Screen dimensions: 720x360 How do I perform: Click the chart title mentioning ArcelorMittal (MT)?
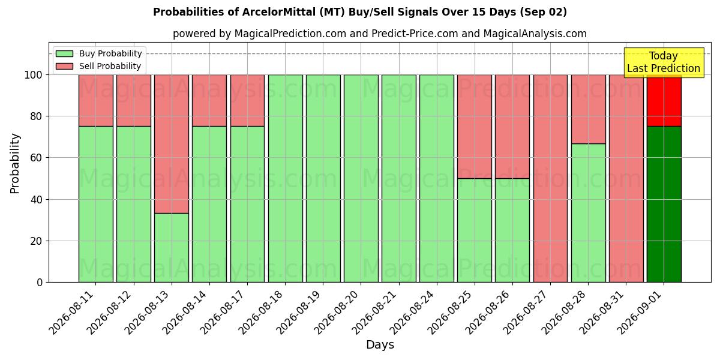[x=359, y=12]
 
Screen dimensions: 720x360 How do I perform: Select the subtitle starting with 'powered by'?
[x=380, y=34]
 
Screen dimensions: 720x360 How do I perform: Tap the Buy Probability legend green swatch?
[x=64, y=53]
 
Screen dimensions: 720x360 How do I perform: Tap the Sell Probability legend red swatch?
[x=64, y=66]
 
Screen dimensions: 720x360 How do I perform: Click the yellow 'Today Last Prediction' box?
[x=664, y=62]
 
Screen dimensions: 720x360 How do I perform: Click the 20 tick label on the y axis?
[x=36, y=241]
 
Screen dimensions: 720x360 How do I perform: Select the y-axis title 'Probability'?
[x=14, y=163]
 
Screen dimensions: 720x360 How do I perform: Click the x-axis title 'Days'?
[x=380, y=344]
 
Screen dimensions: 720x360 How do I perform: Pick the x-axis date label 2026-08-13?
[x=148, y=313]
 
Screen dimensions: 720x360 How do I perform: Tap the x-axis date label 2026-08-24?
[x=413, y=313]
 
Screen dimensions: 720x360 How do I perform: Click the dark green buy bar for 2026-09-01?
[x=664, y=204]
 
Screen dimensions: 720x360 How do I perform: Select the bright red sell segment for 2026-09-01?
[x=664, y=101]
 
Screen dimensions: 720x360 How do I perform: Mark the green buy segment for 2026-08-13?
[x=172, y=247]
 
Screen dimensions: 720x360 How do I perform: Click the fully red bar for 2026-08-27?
[x=551, y=178]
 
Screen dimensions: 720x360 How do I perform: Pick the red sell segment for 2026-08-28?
[x=588, y=109]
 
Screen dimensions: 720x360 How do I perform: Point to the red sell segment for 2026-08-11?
[x=96, y=101]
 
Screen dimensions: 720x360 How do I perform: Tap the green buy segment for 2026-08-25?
[x=475, y=230]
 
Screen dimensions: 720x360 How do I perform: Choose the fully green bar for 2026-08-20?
[x=361, y=178]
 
